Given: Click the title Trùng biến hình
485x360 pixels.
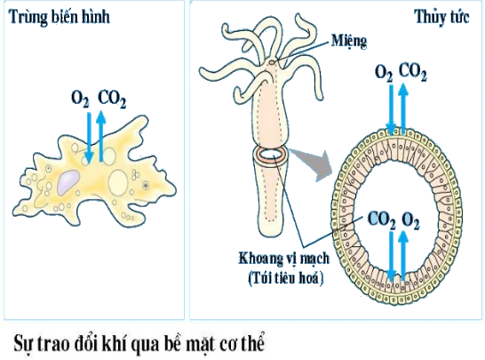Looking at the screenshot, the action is [x=60, y=17].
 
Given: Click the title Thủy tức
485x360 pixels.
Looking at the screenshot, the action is [x=442, y=18].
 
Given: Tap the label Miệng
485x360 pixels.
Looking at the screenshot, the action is [x=349, y=42].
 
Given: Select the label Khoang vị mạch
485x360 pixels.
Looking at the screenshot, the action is [x=283, y=258].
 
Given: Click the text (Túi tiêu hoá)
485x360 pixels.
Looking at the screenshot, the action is [x=285, y=277].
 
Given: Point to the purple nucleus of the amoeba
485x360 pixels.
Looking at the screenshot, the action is [x=68, y=182].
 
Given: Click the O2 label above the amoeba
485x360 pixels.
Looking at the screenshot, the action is [x=80, y=99].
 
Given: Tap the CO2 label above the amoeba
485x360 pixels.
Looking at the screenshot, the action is [x=112, y=100].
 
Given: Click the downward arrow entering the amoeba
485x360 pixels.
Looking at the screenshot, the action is [x=89, y=138].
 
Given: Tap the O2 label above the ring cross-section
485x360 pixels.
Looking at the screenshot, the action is [x=384, y=72].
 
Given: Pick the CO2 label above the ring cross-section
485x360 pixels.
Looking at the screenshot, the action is [x=413, y=72].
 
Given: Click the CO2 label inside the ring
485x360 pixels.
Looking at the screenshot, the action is [x=381, y=220].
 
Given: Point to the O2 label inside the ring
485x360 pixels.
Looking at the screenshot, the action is [x=411, y=221].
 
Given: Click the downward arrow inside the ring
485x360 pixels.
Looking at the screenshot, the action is [x=392, y=256].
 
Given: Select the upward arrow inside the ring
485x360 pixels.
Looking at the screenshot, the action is [x=403, y=256].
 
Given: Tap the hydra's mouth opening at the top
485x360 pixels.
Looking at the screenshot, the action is [x=272, y=62].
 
